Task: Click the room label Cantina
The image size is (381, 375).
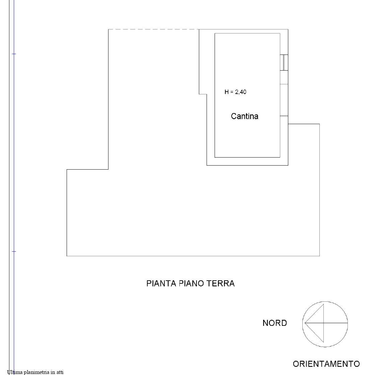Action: point(244,116)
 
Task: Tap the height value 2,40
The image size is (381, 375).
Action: point(241,92)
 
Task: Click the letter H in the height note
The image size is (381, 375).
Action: point(227,92)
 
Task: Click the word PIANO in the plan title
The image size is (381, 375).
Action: point(191,283)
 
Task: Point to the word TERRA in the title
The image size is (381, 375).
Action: point(221,283)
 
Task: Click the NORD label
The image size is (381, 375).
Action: point(275,323)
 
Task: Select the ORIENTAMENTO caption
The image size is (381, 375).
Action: point(326,364)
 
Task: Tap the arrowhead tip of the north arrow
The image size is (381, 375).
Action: point(305,323)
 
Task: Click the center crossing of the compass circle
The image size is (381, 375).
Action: point(324,323)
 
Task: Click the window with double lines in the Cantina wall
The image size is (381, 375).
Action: point(284,63)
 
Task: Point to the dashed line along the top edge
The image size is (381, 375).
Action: point(154,29)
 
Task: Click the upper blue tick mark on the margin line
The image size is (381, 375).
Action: point(14,54)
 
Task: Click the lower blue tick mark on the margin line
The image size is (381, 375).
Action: point(14,252)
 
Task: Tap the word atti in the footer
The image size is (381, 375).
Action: point(60,372)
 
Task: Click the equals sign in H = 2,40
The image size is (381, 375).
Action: point(232,92)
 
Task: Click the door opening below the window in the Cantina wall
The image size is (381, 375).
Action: point(284,100)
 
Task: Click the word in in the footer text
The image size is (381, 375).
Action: point(53,372)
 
